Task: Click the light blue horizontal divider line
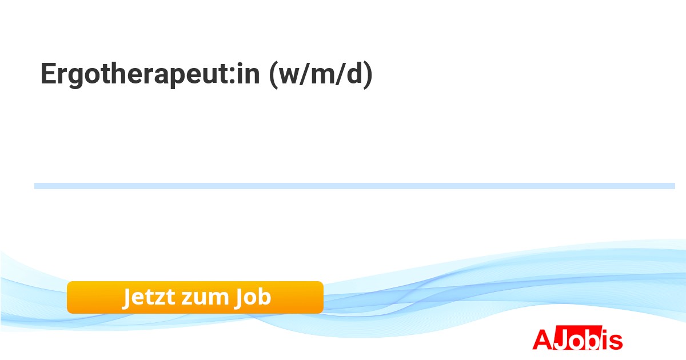(x=354, y=186)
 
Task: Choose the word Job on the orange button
(x=252, y=297)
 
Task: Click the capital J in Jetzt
(x=128, y=297)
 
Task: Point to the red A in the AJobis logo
(x=543, y=339)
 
